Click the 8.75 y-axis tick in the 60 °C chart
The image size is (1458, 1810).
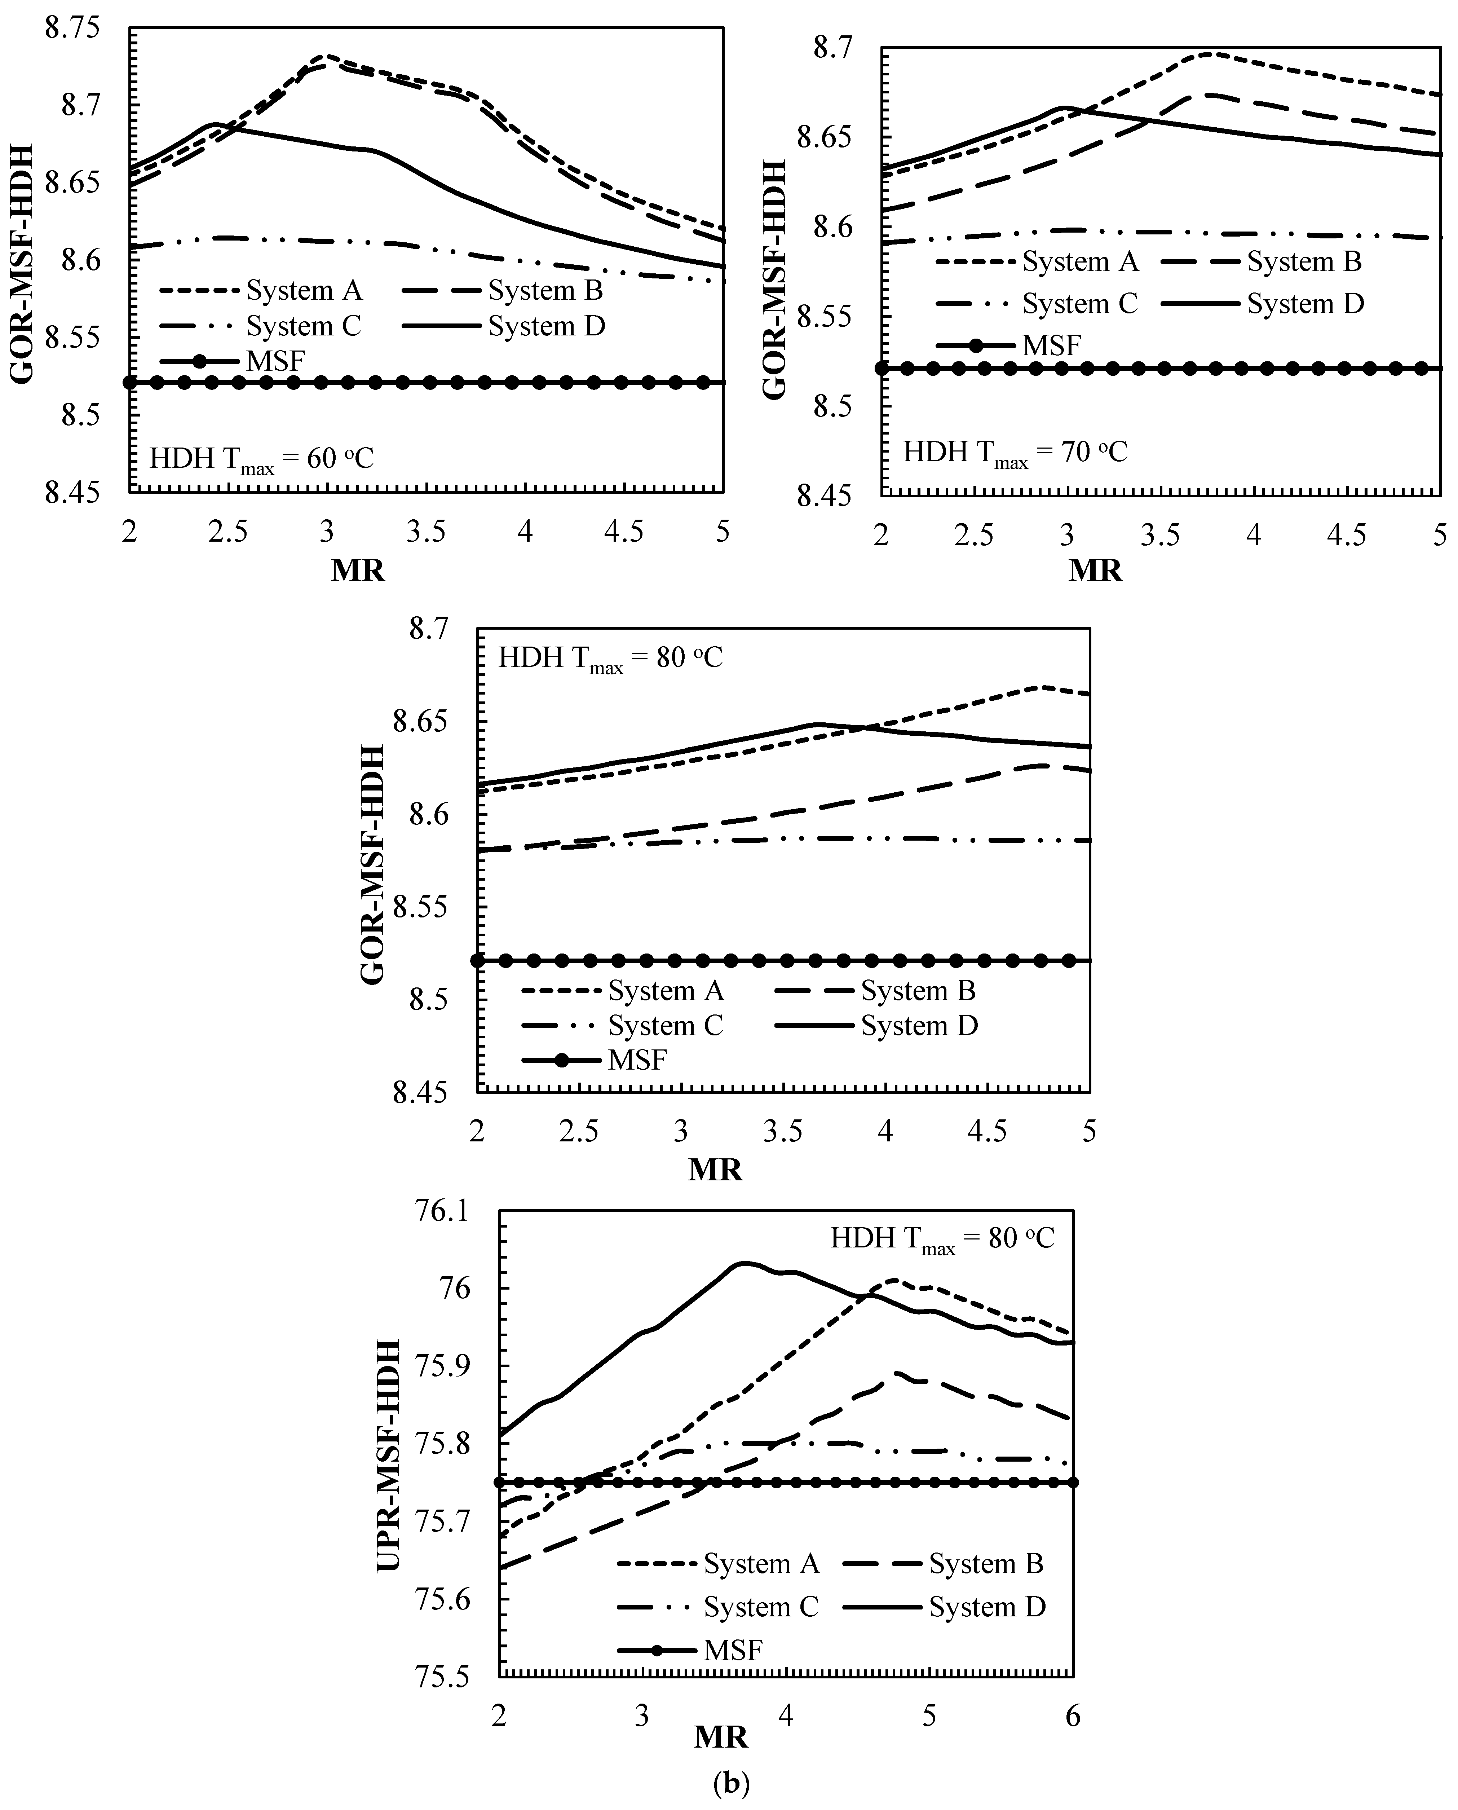(71, 28)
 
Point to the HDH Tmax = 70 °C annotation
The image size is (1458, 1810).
(1015, 453)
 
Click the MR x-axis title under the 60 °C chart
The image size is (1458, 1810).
(358, 571)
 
